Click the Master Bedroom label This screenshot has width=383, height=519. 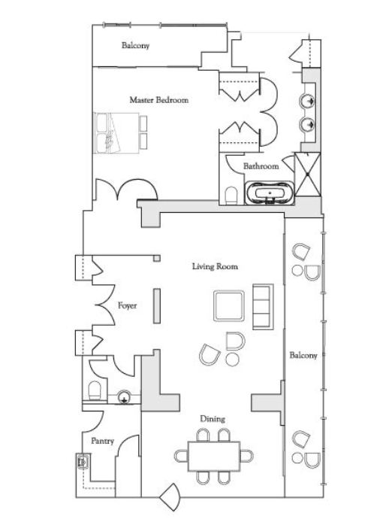pyautogui.click(x=159, y=99)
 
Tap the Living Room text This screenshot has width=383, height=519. pyautogui.click(x=215, y=266)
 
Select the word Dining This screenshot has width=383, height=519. pyautogui.click(x=213, y=419)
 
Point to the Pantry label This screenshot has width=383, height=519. pyautogui.click(x=102, y=442)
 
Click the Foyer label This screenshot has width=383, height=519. pyautogui.click(x=127, y=305)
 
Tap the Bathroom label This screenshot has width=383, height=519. pyautogui.click(x=261, y=165)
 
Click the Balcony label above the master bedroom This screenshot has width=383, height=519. pyautogui.click(x=135, y=45)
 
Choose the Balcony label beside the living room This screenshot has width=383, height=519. pyautogui.click(x=303, y=356)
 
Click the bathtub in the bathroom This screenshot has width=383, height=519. pyautogui.click(x=269, y=193)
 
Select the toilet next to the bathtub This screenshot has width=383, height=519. pyautogui.click(x=231, y=196)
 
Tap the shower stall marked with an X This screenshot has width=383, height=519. pyautogui.click(x=307, y=174)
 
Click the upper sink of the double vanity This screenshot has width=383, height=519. pyautogui.click(x=307, y=101)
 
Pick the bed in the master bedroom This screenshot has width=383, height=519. pyautogui.click(x=116, y=133)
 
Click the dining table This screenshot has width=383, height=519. pyautogui.click(x=214, y=456)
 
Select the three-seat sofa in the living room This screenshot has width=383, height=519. pyautogui.click(x=263, y=306)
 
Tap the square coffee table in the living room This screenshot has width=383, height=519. pyautogui.click(x=229, y=306)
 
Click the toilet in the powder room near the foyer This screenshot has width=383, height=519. pyautogui.click(x=95, y=390)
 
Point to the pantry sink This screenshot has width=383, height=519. pyautogui.click(x=82, y=461)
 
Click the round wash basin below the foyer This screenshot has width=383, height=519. pyautogui.click(x=124, y=396)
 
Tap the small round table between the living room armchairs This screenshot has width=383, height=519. pyautogui.click(x=232, y=360)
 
